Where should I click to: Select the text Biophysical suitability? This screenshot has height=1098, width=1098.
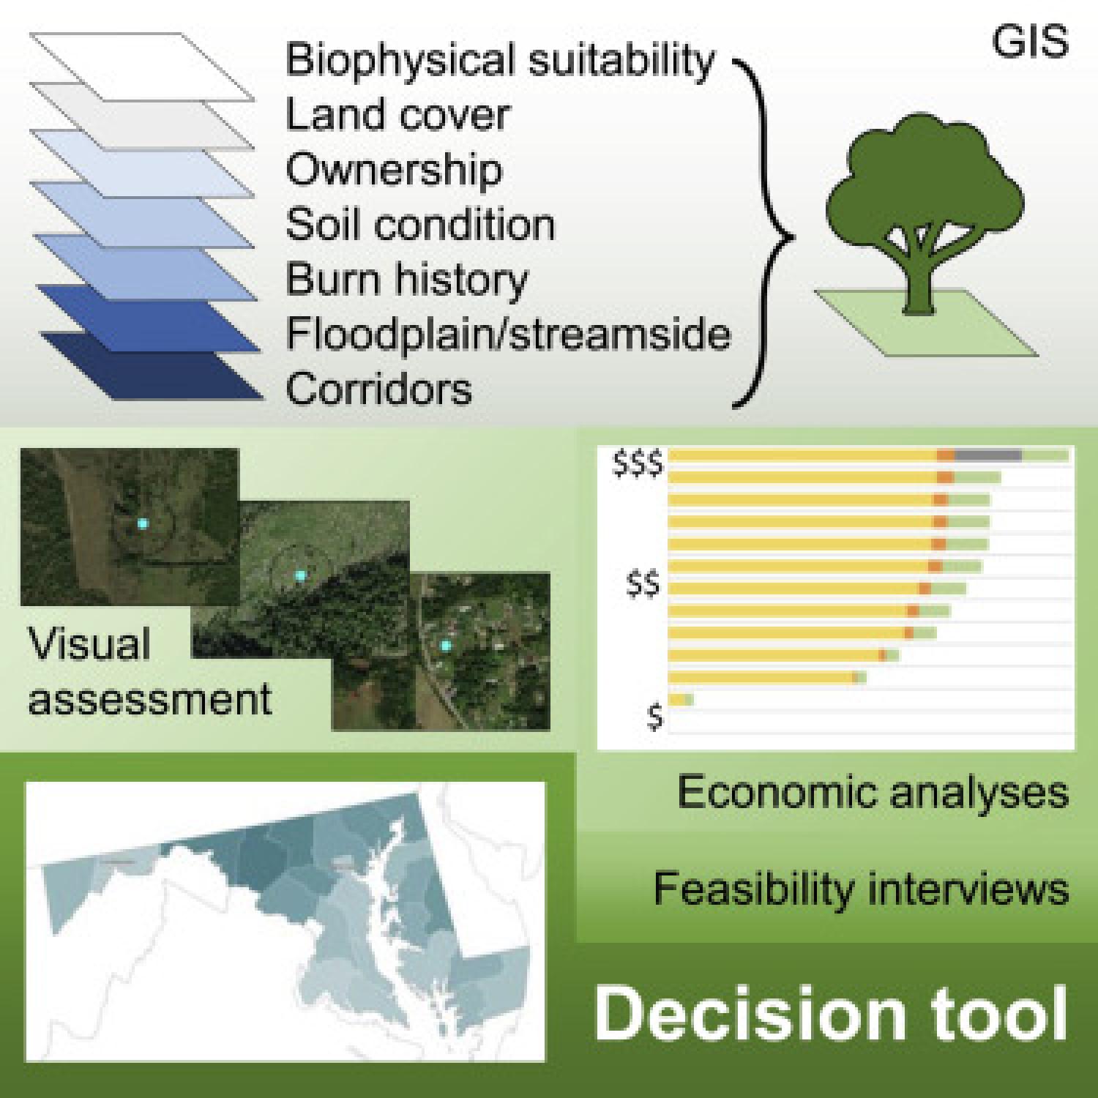coord(499,60)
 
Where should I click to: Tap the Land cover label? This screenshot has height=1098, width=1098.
coord(397,115)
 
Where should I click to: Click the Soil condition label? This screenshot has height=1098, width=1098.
coord(420,224)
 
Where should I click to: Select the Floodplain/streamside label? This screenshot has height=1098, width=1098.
coord(508,335)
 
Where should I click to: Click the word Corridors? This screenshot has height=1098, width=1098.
coord(378,389)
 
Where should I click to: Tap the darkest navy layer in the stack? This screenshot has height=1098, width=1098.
coord(152,366)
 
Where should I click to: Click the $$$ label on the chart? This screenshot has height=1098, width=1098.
coord(638,465)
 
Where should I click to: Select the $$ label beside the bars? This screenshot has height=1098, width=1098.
coord(643,586)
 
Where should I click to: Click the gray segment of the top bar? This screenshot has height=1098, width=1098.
coord(988,455)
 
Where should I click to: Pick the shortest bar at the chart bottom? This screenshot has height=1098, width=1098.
coord(680,700)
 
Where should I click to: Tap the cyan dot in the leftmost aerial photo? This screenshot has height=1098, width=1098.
coord(142,523)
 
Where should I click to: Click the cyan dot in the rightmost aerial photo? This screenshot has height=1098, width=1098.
coord(445,645)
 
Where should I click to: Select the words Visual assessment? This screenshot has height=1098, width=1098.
coord(149,671)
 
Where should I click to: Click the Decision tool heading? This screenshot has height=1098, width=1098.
coord(831,1014)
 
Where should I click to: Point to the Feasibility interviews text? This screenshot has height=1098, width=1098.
coord(861,889)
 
